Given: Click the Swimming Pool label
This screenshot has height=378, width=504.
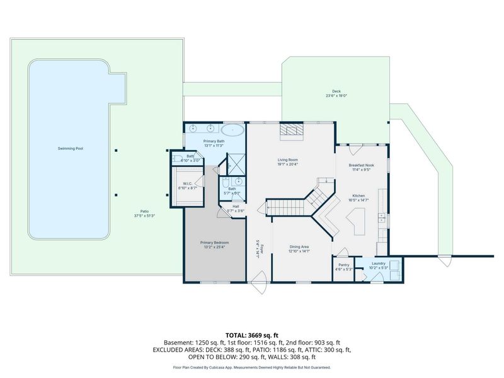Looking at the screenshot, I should pyautogui.click(x=71, y=149).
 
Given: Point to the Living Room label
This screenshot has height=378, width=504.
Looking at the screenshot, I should pyautogui.click(x=287, y=160).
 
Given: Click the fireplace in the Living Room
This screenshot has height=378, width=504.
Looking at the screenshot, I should pyautogui.click(x=291, y=129).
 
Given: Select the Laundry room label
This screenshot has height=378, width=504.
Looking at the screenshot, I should pyautogui.click(x=378, y=263).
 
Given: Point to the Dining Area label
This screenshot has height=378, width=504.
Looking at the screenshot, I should pyautogui.click(x=299, y=246).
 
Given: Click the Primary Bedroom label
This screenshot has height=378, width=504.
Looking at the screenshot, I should pyautogui.click(x=214, y=243).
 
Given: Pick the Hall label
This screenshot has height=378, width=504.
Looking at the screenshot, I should pyautogui.click(x=235, y=206).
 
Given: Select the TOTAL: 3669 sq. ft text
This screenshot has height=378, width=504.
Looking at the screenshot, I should pyautogui.click(x=251, y=335).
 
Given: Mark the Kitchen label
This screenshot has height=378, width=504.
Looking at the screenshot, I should pyautogui.click(x=358, y=196).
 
